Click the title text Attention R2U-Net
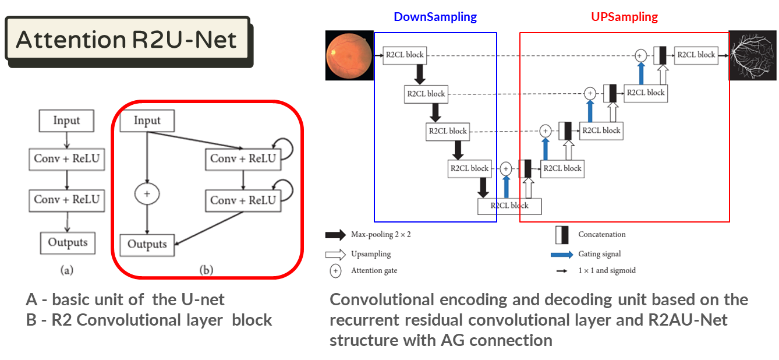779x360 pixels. [126, 40]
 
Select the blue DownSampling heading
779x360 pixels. [435, 17]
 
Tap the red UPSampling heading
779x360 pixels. [624, 17]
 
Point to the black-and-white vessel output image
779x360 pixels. [752, 55]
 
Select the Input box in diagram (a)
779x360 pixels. [66, 121]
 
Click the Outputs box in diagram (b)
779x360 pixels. [147, 244]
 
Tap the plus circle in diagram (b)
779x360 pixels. [147, 194]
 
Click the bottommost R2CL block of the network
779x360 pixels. [509, 206]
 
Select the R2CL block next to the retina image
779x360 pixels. [405, 55]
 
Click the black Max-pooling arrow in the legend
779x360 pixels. [335, 235]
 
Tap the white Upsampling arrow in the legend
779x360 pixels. [335, 254]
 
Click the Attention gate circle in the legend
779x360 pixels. [335, 271]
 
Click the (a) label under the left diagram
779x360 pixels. [67, 270]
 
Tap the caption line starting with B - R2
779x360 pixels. [149, 320]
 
